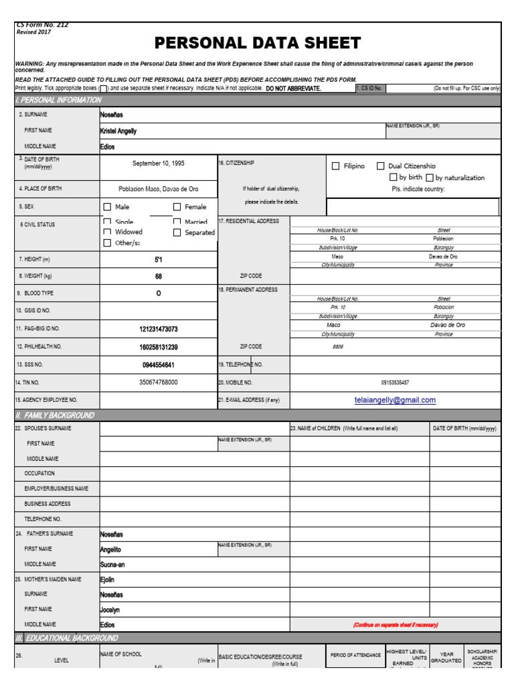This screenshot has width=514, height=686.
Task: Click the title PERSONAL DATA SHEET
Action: click(x=258, y=44)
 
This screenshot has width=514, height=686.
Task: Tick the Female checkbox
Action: click(x=177, y=207)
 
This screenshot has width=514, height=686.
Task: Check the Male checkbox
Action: click(x=107, y=207)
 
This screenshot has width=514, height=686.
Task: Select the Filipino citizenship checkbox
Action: click(x=336, y=166)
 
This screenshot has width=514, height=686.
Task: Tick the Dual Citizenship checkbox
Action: click(x=380, y=166)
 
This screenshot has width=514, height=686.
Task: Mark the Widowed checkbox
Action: click(x=107, y=232)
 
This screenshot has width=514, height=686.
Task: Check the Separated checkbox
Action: click(x=177, y=232)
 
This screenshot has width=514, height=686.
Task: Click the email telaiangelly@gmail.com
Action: click(x=395, y=400)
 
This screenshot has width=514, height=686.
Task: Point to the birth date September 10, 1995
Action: click(x=159, y=163)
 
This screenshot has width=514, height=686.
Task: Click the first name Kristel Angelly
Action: click(x=118, y=131)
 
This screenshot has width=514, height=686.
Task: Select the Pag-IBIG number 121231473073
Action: click(x=159, y=329)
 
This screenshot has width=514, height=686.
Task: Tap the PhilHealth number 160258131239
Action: click(x=159, y=347)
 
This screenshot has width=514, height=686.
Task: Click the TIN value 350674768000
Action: click(x=159, y=382)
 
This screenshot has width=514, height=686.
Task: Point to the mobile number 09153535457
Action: click(x=395, y=383)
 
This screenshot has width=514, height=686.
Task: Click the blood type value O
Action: click(x=159, y=293)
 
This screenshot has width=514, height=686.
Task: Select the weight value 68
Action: click(x=159, y=276)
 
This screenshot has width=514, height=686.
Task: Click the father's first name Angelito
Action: click(x=110, y=549)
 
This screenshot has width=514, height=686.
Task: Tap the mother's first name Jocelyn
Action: click(x=110, y=610)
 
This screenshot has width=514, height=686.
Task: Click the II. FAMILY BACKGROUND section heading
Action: click(x=55, y=415)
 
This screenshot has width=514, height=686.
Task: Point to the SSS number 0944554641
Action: click(x=159, y=365)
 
